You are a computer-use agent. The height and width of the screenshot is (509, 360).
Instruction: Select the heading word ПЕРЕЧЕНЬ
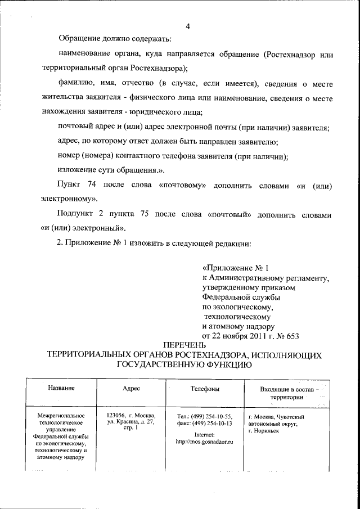(185, 345)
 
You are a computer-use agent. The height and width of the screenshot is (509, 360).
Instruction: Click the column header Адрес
(131, 389)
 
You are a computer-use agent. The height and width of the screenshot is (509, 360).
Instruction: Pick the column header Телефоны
(205, 389)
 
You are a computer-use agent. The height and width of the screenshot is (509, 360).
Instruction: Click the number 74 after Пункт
(93, 185)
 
